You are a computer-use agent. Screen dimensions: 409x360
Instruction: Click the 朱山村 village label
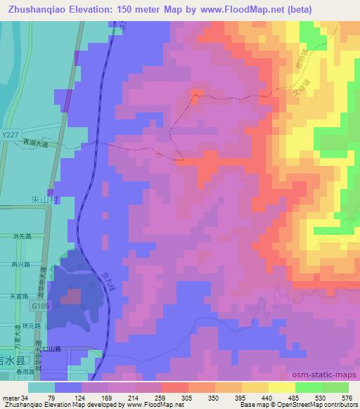[42, 200]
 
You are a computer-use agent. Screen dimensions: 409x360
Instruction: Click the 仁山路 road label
[72, 348]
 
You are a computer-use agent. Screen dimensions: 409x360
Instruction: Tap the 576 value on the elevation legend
[346, 398]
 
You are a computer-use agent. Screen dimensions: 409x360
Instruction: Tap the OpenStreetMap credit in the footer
[310, 405]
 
